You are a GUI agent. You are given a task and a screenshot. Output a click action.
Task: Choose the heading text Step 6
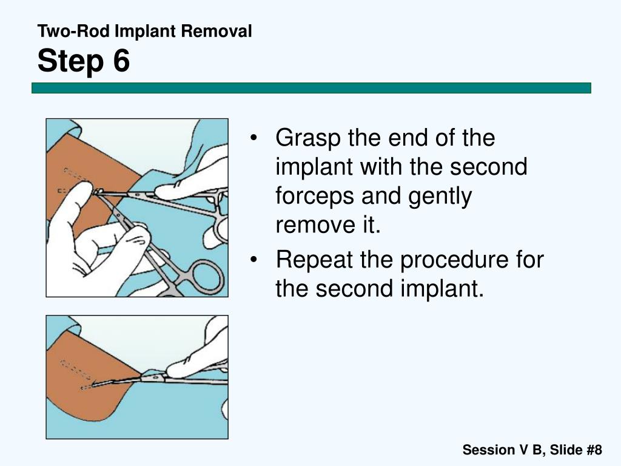point(84,61)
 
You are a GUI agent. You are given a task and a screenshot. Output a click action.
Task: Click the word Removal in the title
point(218,32)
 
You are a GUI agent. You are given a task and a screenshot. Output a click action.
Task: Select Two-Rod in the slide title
point(64,32)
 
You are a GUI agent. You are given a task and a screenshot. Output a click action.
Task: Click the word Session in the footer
point(487,450)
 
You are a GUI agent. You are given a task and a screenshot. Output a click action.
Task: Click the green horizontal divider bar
point(311,88)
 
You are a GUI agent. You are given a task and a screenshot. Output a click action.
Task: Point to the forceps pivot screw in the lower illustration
point(146,377)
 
